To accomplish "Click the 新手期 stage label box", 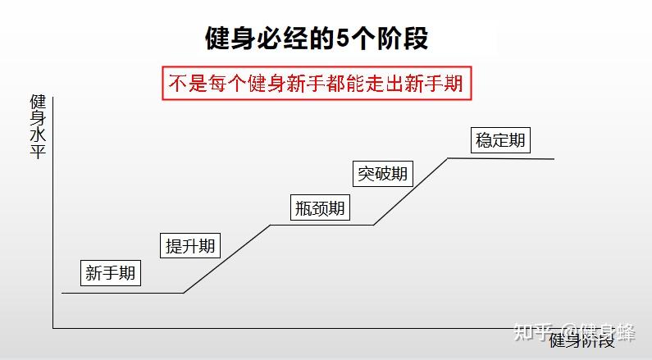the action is (x=111, y=273).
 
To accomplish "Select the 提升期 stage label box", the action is (x=190, y=244).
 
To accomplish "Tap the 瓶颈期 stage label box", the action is (x=320, y=208).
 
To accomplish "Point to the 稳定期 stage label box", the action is (x=500, y=139).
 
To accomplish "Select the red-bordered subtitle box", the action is (x=318, y=84).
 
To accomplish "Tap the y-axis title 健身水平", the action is (x=38, y=126).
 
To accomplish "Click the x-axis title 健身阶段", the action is (x=581, y=341).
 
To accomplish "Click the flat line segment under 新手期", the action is (x=123, y=293).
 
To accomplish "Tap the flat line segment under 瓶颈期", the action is (x=321, y=225).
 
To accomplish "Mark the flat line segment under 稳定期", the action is (x=500, y=158).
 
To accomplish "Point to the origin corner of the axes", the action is (x=53, y=328).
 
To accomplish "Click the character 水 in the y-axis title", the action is (x=38, y=134).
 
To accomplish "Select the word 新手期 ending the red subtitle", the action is (x=442, y=84).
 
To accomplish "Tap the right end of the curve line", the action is (x=554, y=159).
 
